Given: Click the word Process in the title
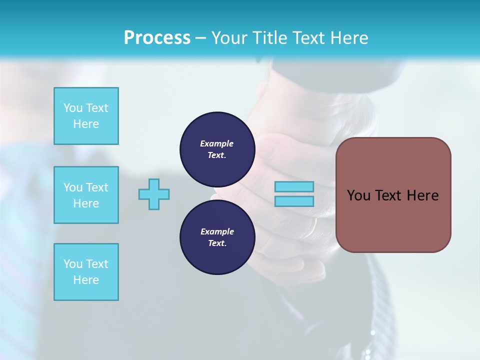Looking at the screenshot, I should click(x=157, y=38).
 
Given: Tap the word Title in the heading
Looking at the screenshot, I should click(x=268, y=38).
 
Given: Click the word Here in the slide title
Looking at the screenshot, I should click(x=347, y=38).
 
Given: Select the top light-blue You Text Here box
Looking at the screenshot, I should click(x=86, y=116).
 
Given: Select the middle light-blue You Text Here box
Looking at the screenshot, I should click(x=86, y=195).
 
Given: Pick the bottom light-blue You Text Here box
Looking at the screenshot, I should click(x=86, y=272).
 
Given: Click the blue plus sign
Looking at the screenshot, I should click(x=154, y=194).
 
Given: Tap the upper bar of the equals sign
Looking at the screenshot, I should click(x=294, y=186).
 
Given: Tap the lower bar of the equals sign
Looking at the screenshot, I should click(x=294, y=201).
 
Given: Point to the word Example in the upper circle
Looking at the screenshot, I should click(x=216, y=143).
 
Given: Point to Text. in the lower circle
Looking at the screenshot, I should click(x=217, y=243).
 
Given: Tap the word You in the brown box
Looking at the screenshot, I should click(x=359, y=195).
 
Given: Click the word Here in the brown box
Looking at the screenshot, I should click(x=423, y=195).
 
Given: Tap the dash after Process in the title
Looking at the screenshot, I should click(x=201, y=38).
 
